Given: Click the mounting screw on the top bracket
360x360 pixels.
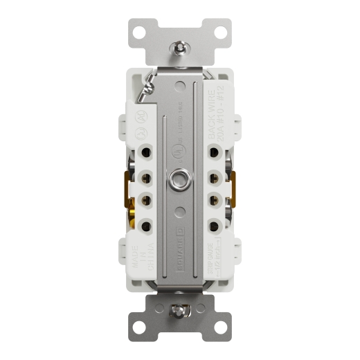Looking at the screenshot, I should pyautogui.click(x=179, y=49).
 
